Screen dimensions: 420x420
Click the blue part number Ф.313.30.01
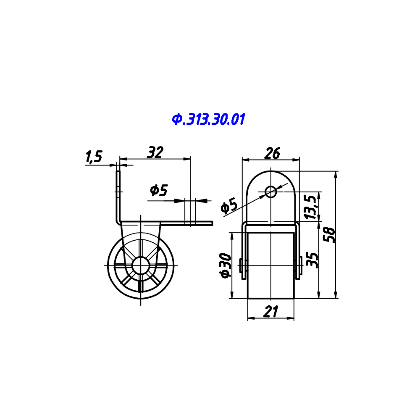[208, 119]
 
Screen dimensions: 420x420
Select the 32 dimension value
[155, 152]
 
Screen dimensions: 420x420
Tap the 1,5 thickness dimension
[94, 157]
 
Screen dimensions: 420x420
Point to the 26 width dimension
[272, 153]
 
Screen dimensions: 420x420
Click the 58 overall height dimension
[329, 235]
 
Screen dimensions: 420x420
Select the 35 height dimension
[312, 260]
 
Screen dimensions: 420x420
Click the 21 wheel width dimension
[271, 312]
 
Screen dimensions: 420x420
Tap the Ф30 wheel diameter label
[225, 266]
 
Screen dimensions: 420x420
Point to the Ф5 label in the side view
[159, 190]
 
